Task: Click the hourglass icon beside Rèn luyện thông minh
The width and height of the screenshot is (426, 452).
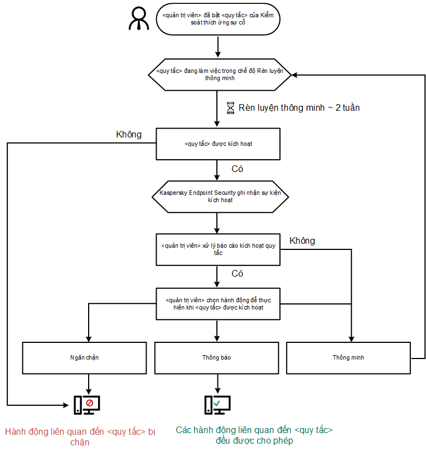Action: (230, 107)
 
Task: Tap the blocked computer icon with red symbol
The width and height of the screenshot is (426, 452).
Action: (88, 404)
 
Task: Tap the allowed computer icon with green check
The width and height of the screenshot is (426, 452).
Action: (217, 404)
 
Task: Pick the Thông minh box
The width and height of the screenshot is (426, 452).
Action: (348, 357)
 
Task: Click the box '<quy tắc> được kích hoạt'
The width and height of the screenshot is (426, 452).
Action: (218, 144)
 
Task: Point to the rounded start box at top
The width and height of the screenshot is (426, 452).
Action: (218, 19)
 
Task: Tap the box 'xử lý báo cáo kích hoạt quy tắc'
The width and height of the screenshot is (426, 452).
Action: (218, 249)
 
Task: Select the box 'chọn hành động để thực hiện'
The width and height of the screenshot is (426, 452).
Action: (218, 303)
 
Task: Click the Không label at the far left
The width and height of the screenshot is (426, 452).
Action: (128, 134)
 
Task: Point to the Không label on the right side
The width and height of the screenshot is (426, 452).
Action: (302, 241)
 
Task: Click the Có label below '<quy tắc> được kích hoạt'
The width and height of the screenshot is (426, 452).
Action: (238, 169)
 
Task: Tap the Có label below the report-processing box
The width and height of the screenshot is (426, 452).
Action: (238, 274)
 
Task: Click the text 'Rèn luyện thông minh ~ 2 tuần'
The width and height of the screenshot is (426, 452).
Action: (299, 107)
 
